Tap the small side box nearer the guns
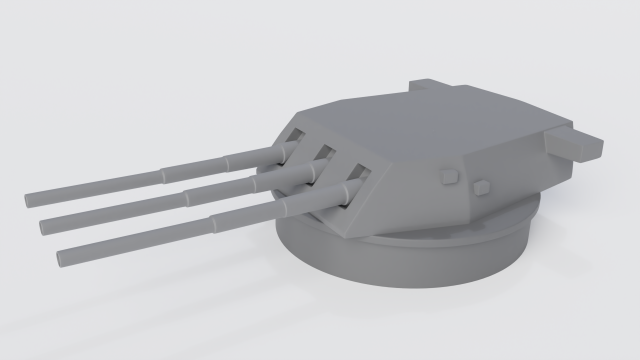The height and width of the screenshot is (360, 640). pyautogui.click(x=449, y=177)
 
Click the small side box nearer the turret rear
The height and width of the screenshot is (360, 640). pyautogui.click(x=482, y=186)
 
